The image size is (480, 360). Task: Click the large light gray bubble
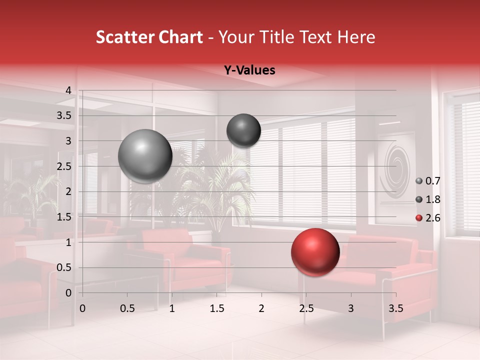click(x=145, y=156)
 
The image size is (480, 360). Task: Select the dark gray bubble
click(x=243, y=130)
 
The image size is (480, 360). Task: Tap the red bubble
click(x=315, y=252)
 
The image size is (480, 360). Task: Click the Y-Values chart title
click(x=249, y=70)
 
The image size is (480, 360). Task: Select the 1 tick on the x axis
click(x=172, y=308)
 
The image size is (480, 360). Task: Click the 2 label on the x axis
click(x=261, y=308)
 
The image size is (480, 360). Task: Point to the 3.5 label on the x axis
click(x=396, y=308)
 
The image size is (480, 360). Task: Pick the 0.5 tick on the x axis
click(x=127, y=308)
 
